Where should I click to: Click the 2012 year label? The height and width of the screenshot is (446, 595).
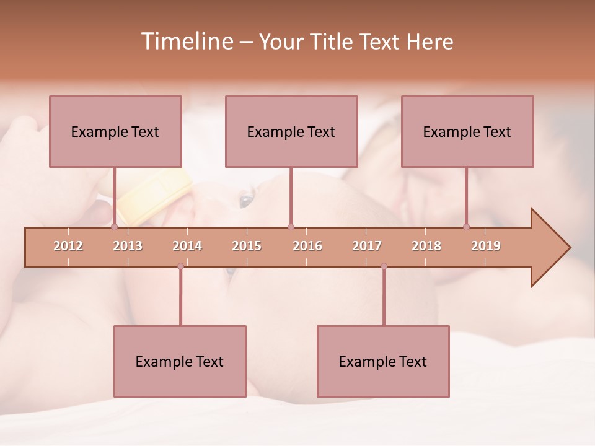[68, 246]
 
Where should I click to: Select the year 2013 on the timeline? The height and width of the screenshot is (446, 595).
[128, 246]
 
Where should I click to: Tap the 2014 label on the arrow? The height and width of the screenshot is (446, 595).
[187, 246]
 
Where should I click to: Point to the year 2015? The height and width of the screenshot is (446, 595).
[247, 246]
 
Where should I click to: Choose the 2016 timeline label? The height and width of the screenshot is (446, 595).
[307, 246]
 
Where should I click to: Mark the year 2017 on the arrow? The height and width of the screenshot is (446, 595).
[367, 246]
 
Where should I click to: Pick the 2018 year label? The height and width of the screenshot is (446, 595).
[426, 246]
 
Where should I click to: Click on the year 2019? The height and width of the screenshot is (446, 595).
[486, 246]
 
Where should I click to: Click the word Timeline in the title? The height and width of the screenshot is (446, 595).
[186, 42]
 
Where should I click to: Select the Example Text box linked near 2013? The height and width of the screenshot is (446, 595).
[115, 131]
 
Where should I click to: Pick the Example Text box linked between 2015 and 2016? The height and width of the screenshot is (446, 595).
[291, 131]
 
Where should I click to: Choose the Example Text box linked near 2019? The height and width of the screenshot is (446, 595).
[467, 131]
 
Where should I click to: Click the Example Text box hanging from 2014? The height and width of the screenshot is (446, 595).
[180, 361]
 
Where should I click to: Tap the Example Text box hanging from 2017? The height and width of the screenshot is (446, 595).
[383, 361]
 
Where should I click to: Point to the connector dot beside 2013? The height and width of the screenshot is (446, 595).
[114, 227]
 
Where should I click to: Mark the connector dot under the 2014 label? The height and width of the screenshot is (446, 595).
[180, 266]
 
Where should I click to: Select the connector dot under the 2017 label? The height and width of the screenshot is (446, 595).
[384, 266]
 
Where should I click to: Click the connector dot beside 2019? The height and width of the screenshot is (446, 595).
[466, 227]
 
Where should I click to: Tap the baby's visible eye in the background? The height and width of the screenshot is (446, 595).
[246, 199]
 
